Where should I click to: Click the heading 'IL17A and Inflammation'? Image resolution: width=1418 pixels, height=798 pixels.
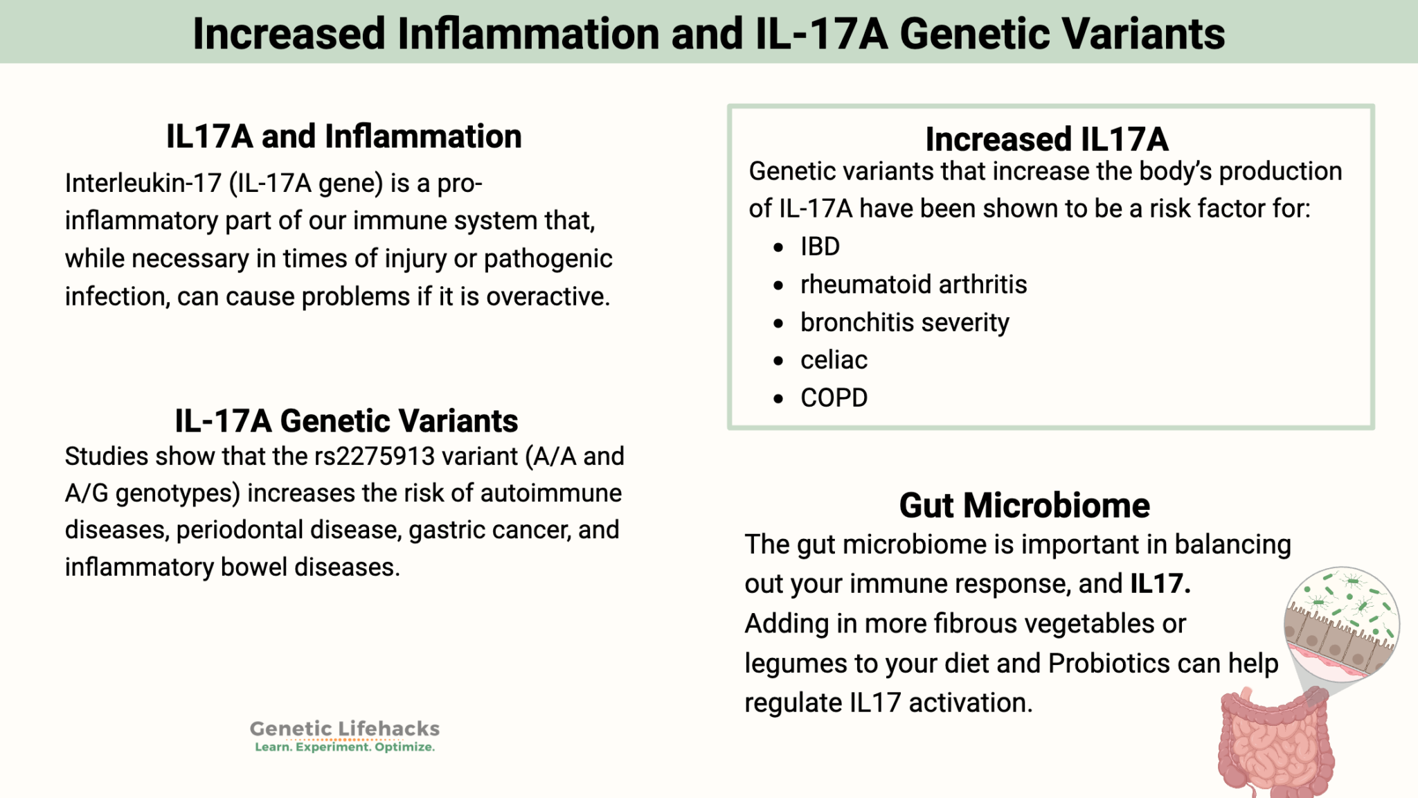tap(343, 136)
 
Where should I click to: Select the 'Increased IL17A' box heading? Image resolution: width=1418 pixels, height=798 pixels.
tap(1046, 139)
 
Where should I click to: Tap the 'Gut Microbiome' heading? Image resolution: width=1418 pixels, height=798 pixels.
tap(1024, 506)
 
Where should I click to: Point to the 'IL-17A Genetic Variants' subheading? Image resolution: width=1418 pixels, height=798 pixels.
tap(346, 421)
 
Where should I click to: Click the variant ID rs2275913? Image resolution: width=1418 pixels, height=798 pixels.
tap(375, 456)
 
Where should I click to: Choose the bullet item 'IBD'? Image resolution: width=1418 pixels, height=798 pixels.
tap(820, 247)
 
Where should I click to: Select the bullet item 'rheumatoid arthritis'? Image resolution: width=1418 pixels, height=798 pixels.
tap(913, 285)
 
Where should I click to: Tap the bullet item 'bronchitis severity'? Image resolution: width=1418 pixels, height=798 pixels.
tap(904, 323)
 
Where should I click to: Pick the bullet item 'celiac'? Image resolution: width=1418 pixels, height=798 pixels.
tap(834, 360)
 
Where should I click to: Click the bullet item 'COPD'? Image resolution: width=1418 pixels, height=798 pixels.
tap(834, 398)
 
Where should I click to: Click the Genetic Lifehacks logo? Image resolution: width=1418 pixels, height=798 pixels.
tap(344, 729)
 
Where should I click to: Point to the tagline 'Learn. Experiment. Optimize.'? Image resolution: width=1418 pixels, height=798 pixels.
tap(344, 747)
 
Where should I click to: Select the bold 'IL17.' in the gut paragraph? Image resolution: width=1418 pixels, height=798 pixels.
tap(1160, 584)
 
